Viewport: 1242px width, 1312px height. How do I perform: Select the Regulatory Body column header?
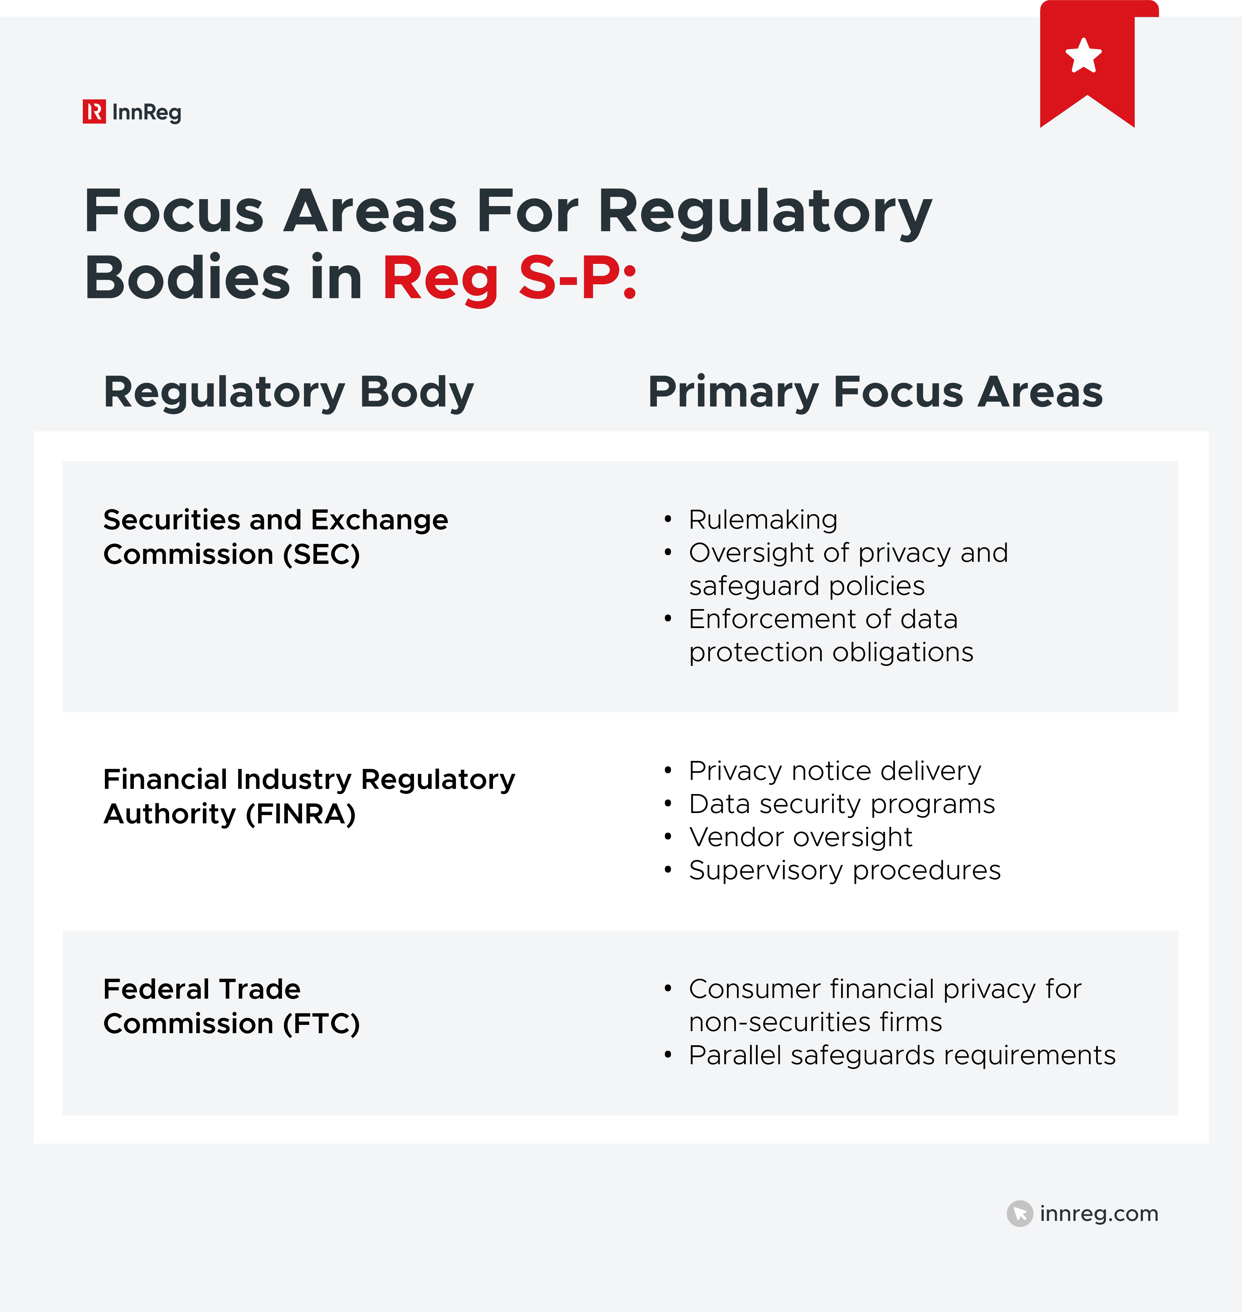[x=289, y=392]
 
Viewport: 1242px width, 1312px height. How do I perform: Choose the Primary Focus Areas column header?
[x=875, y=392]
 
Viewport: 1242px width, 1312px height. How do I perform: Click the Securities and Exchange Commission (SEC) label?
[x=275, y=537]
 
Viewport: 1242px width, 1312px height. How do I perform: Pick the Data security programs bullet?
[x=841, y=804]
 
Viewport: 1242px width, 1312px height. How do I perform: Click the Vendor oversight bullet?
[x=800, y=837]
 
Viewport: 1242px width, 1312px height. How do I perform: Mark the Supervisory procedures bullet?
[x=844, y=870]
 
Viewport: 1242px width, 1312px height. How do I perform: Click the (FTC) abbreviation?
[x=321, y=1024]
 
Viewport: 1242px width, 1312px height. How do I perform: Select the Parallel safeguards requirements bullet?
[x=902, y=1055]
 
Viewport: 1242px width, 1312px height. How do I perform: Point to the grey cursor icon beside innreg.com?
[x=1019, y=1213]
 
